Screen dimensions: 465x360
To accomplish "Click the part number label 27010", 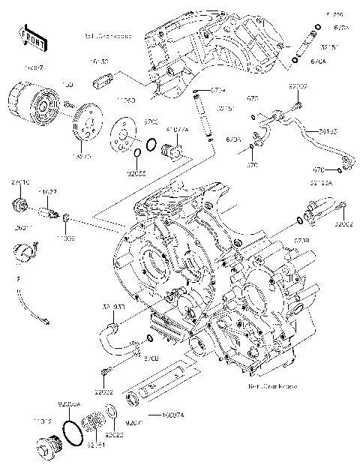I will click(x=20, y=182).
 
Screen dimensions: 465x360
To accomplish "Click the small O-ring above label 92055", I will click(x=137, y=155).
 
